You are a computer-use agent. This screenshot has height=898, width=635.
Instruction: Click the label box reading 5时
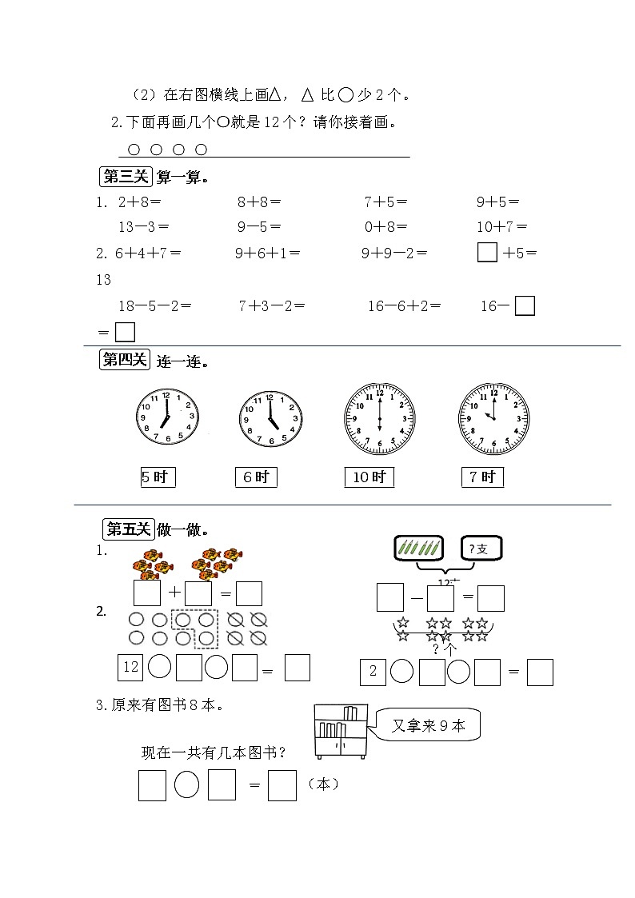[x=158, y=477]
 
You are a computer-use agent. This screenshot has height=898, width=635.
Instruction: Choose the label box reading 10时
[x=369, y=477]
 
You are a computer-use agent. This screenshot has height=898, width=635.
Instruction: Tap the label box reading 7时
[x=482, y=477]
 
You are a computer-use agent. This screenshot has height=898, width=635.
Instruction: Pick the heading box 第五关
[x=128, y=529]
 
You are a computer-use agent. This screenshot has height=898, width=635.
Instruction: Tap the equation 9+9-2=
[x=394, y=253]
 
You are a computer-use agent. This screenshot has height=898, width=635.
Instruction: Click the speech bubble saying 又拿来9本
[x=429, y=726]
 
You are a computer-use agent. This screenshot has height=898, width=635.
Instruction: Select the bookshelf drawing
[x=341, y=731]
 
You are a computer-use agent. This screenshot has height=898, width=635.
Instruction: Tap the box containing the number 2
[x=373, y=672]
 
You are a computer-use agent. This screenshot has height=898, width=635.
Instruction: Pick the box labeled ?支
[x=481, y=548]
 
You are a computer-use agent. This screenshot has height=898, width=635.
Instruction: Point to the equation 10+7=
[x=501, y=227]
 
